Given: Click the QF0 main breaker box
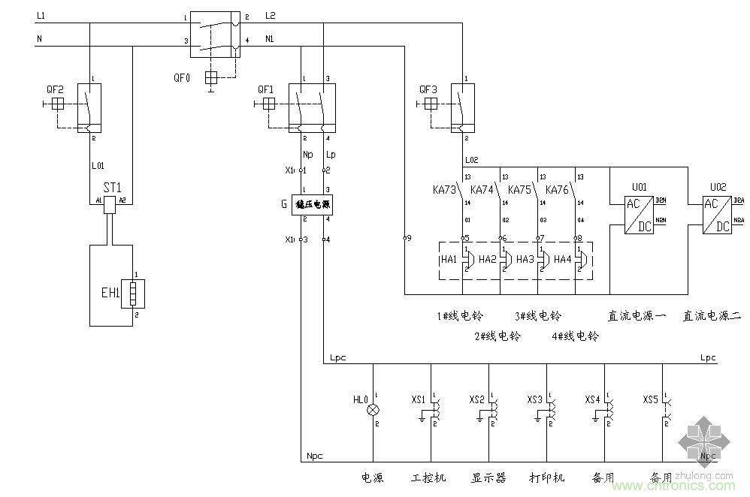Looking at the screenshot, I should pyautogui.click(x=214, y=34).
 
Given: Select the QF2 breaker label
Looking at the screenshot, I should pyautogui.click(x=55, y=89).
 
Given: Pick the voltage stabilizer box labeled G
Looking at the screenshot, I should pyautogui.click(x=312, y=203).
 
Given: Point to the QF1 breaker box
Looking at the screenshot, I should pyautogui.click(x=312, y=107).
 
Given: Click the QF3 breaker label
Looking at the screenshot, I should pyautogui.click(x=428, y=89).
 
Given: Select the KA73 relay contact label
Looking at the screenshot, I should pyautogui.click(x=444, y=189).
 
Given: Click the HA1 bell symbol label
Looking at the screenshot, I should pyautogui.click(x=449, y=259).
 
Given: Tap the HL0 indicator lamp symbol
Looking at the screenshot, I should pyautogui.click(x=373, y=411).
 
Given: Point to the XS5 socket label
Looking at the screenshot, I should pyautogui.click(x=650, y=399).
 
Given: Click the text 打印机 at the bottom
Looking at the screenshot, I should pyautogui.click(x=546, y=477).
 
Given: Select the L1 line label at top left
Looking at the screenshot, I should pyautogui.click(x=41, y=16).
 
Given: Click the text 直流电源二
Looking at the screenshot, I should pyautogui.click(x=711, y=316).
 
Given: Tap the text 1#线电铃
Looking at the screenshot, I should pyautogui.click(x=456, y=316).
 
